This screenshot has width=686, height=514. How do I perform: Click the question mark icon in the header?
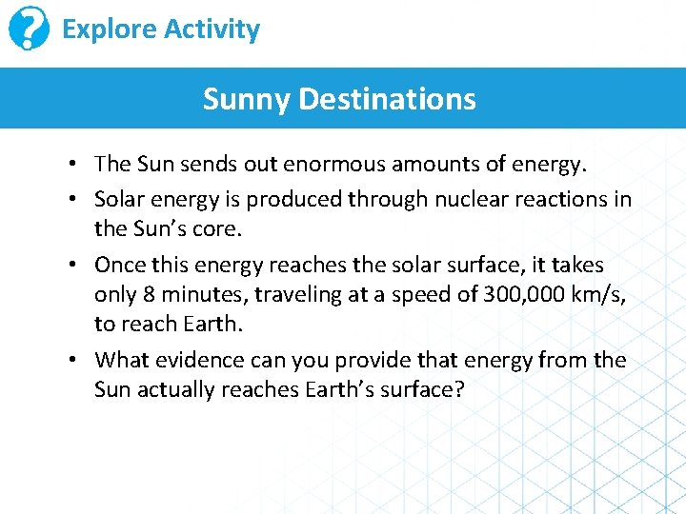(x=30, y=30)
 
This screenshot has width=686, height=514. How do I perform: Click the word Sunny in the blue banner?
(x=247, y=98)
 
